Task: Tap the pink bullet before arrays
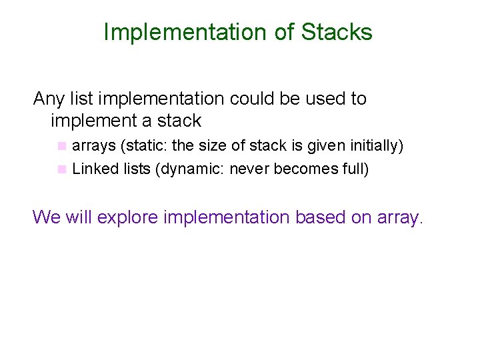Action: click(62, 145)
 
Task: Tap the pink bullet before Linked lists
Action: click(62, 169)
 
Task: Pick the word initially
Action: click(373, 145)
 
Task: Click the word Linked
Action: click(94, 169)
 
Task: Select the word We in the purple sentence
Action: click(46, 217)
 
